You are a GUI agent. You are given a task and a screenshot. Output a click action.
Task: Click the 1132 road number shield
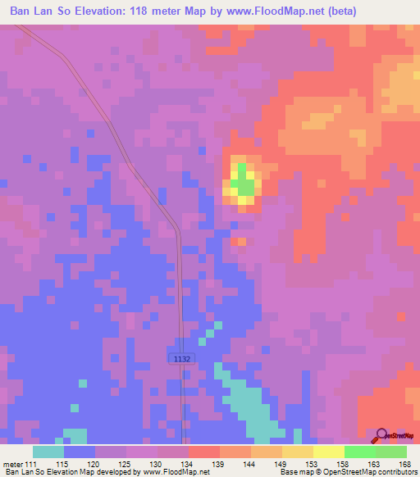[181, 358]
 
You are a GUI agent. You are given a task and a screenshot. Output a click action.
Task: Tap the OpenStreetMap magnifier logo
[382, 437]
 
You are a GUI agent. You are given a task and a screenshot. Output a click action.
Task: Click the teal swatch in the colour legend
[48, 452]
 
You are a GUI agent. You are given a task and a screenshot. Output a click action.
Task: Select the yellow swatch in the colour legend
[328, 452]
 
